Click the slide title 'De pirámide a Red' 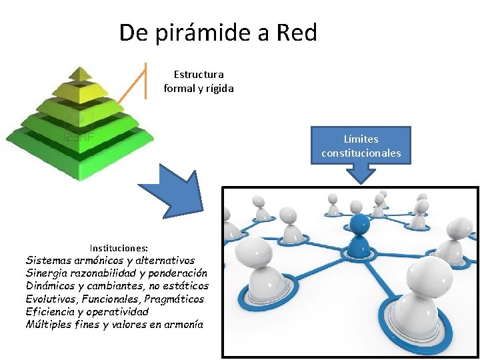pyautogui.click(x=218, y=32)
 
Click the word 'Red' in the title pyautogui.click(x=296, y=32)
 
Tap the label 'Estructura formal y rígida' pyautogui.click(x=199, y=81)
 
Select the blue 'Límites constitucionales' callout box pyautogui.click(x=361, y=145)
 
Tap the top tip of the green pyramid pyautogui.click(x=80, y=69)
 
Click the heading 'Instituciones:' pyautogui.click(x=119, y=247)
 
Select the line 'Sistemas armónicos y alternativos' pyautogui.click(x=110, y=261)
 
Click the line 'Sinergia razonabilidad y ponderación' pyautogui.click(x=116, y=273)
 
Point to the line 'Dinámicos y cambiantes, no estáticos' pyautogui.click(x=117, y=286)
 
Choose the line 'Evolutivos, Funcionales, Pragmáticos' pyautogui.click(x=115, y=299)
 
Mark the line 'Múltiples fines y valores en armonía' pyautogui.click(x=113, y=324)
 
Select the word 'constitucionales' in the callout pyautogui.click(x=361, y=153)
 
